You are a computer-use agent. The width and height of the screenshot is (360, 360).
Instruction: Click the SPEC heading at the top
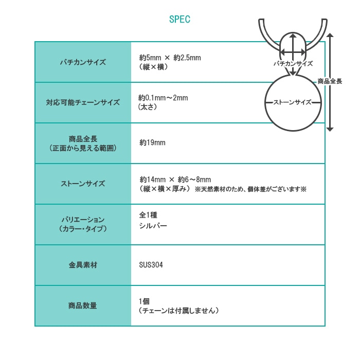(x=179, y=19)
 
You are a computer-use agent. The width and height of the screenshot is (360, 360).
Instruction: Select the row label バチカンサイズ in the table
(x=83, y=62)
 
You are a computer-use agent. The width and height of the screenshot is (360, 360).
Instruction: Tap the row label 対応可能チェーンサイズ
(x=83, y=102)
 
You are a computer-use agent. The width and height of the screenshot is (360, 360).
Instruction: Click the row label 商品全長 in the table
(x=83, y=139)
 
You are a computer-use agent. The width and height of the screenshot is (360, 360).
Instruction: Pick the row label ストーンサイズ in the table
(x=83, y=184)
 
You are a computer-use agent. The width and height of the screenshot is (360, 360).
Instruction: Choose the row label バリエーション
(x=83, y=220)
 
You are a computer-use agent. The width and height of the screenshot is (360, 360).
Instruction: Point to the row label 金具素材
(x=83, y=265)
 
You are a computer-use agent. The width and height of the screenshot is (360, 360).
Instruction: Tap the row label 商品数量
(x=83, y=305)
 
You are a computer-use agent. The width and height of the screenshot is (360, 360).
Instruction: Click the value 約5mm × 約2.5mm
(x=170, y=58)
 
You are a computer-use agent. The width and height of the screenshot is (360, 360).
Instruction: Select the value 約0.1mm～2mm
(x=163, y=98)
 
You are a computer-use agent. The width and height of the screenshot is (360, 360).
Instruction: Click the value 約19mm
(x=152, y=142)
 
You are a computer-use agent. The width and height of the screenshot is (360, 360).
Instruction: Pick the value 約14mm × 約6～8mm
(x=175, y=179)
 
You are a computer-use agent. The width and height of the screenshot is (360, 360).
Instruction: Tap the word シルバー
(x=153, y=226)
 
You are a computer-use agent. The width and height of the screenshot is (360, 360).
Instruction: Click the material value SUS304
(x=151, y=265)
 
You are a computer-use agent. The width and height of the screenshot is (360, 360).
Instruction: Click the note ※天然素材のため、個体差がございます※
(x=250, y=189)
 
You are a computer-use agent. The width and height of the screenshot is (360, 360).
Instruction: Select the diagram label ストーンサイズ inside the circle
(x=292, y=102)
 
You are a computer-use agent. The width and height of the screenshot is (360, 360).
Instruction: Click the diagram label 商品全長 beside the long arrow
(x=330, y=81)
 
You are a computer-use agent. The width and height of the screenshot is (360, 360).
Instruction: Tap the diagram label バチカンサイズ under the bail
(x=293, y=64)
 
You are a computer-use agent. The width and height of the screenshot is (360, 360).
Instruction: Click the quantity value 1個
(x=144, y=301)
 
